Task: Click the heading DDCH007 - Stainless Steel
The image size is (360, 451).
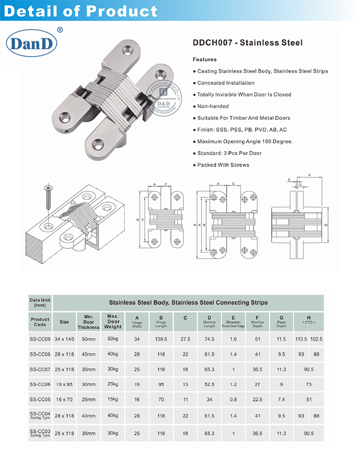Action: point(247,43)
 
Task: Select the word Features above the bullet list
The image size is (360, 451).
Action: point(204,60)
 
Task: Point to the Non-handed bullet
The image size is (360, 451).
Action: point(214,106)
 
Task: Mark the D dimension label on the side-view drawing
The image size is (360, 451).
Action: point(326,225)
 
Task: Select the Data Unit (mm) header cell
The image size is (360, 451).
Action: point(40,302)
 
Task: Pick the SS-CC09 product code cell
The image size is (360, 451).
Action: point(40,339)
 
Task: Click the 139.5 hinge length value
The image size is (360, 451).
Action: point(161,339)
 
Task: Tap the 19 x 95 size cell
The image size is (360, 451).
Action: point(64,384)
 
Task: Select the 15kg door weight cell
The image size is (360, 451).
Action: point(113,399)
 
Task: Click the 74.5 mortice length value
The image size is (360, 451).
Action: point(209,339)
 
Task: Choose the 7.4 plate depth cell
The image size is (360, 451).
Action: point(281,399)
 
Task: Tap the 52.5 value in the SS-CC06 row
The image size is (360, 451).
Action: point(209,384)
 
